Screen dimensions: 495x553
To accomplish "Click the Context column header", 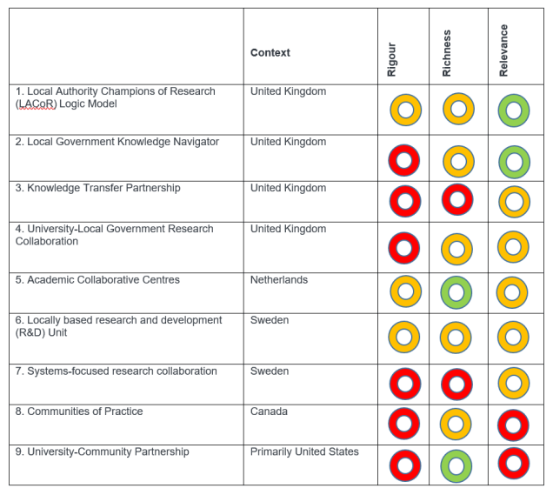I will tap(270, 53).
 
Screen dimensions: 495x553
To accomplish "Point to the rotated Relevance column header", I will tap(504, 50).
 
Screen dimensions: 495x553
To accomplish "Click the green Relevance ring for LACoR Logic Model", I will tap(514, 110).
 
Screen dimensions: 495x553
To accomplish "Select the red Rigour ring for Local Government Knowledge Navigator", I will tap(403, 161).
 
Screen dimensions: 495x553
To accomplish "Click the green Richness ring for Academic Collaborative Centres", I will tap(457, 292).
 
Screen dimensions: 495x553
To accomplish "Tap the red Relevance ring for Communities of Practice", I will tap(514, 425).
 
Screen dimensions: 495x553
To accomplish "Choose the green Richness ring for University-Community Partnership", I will tap(457, 465).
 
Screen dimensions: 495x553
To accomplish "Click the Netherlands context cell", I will tap(279, 280).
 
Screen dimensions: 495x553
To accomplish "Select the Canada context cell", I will tap(268, 411).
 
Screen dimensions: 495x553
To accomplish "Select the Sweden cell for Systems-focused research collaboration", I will tap(269, 371).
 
